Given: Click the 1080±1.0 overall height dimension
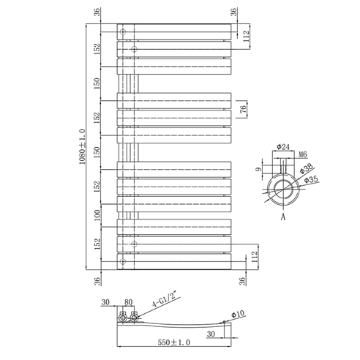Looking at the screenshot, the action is [82, 147].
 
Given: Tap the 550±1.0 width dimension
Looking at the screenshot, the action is [173, 342].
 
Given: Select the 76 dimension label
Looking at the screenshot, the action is [243, 109].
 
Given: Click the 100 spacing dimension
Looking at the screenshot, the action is [97, 215].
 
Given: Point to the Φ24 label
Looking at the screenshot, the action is [283, 147].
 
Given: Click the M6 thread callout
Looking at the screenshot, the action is [303, 154].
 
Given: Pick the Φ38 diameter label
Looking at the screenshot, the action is [306, 168].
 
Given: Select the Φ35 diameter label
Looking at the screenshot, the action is [312, 180].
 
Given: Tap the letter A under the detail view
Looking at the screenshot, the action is [283, 217].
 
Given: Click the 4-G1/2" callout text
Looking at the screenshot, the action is [166, 301].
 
